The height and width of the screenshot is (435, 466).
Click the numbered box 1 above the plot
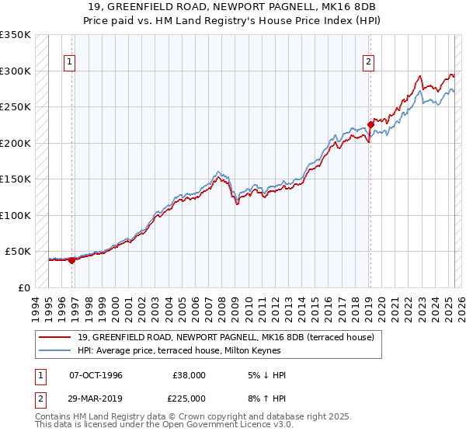(x=70, y=63)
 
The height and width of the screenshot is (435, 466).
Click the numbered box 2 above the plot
(x=368, y=63)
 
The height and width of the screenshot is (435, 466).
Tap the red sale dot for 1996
(x=72, y=260)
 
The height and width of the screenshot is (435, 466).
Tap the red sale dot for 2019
(x=371, y=124)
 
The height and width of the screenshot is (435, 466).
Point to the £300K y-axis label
(x=16, y=71)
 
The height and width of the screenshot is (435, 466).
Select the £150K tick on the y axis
(x=16, y=179)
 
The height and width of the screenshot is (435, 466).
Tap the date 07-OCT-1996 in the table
(x=96, y=375)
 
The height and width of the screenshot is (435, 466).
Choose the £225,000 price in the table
(x=189, y=398)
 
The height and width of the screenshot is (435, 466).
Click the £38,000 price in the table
(x=189, y=375)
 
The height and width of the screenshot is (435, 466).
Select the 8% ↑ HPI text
(x=265, y=398)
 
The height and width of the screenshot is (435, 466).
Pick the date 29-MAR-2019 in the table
(x=96, y=398)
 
